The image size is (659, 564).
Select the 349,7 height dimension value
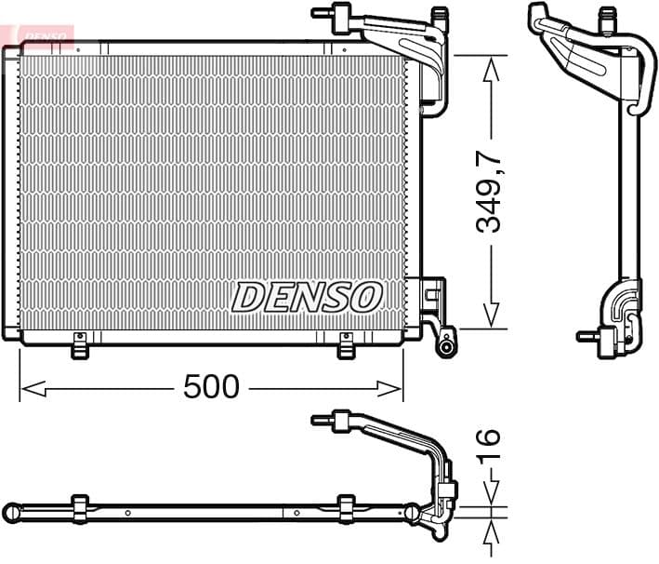tap(491, 193)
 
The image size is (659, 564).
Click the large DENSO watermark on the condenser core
tap(307, 297)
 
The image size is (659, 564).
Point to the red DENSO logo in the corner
tap(42, 35)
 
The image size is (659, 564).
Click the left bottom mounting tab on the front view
tap(80, 345)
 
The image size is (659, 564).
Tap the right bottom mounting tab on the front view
tap(346, 345)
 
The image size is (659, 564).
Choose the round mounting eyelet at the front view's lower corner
tap(447, 347)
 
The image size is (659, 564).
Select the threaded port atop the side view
tap(608, 15)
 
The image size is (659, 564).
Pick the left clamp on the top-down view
tap(80, 508)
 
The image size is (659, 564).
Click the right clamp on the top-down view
tap(346, 508)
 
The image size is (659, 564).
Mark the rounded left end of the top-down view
tap(12, 513)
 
